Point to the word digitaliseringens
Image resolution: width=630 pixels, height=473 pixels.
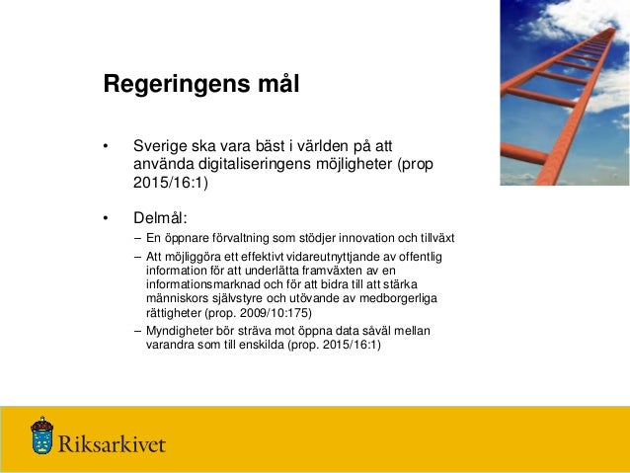click(x=256, y=164)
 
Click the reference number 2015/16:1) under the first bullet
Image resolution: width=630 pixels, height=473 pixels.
click(x=170, y=183)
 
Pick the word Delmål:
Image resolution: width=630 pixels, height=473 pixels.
click(x=160, y=217)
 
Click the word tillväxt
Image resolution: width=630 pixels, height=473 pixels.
click(x=431, y=239)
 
